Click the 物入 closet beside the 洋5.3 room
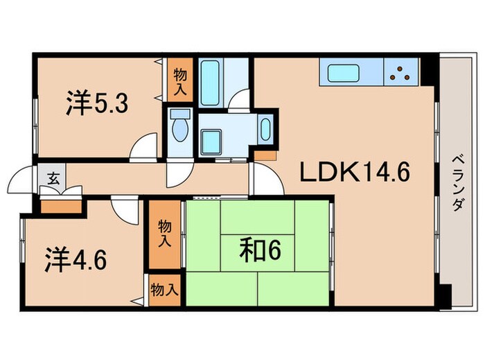[x=179, y=81]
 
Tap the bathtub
[x=209, y=83]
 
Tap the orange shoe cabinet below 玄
[x=61, y=205]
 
